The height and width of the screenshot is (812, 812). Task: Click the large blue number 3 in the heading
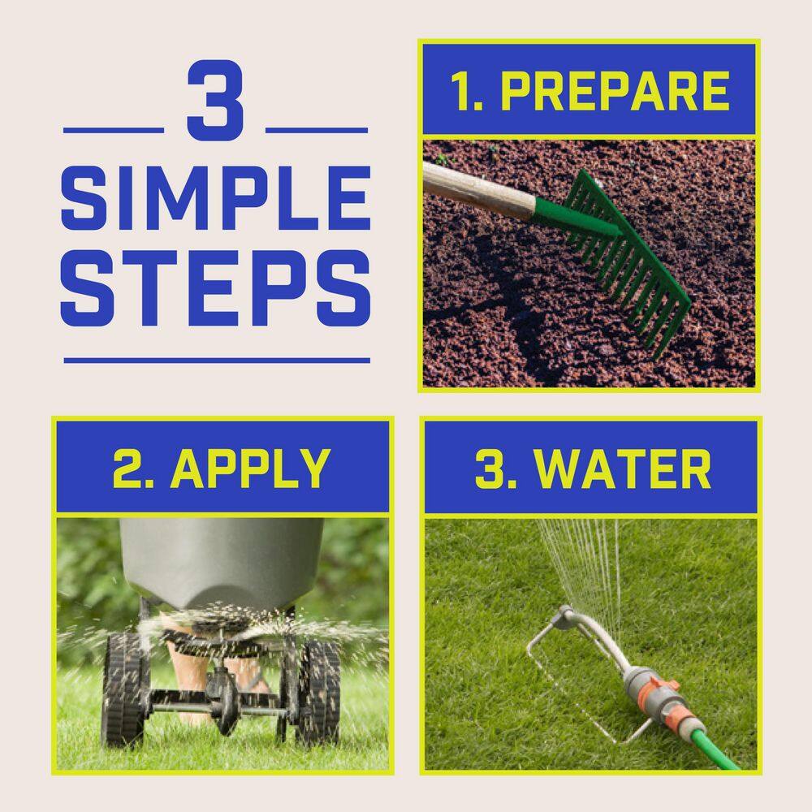pos(215,100)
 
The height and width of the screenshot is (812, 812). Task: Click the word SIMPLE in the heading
pos(216,198)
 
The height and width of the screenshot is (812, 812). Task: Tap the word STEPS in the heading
pos(215,288)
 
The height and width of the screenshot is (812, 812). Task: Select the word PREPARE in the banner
pos(615,91)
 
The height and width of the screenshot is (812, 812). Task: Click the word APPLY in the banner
pos(251,469)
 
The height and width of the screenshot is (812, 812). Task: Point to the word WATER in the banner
pos(623,469)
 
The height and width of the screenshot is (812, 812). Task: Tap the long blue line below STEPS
pos(217,361)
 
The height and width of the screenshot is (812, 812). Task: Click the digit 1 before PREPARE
pos(463,92)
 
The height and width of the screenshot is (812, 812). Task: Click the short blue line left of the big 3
pos(114,131)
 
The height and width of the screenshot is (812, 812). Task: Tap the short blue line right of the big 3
pos(317,131)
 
